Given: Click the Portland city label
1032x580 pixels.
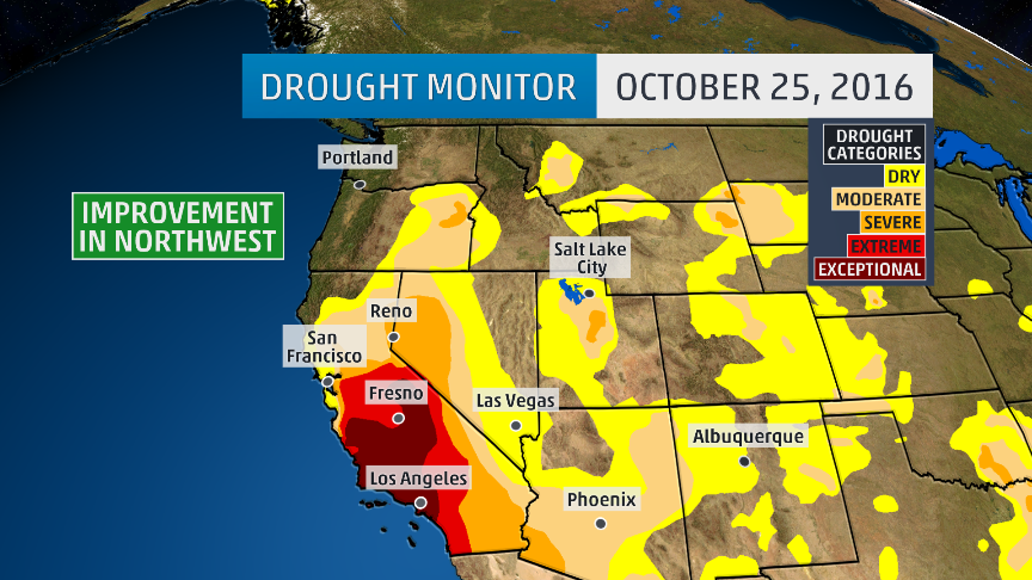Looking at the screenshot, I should (357, 157).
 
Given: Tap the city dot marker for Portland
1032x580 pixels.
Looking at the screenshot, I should (360, 185).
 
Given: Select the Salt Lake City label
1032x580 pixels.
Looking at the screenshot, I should (590, 258).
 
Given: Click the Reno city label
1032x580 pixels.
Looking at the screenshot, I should (391, 311).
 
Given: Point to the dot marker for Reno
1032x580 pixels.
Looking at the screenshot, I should (393, 337).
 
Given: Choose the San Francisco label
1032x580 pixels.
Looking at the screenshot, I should (324, 346).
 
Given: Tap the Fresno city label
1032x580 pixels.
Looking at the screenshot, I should (396, 393).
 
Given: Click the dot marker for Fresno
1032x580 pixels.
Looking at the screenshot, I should (398, 418).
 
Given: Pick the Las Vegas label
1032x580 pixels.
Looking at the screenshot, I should (515, 401).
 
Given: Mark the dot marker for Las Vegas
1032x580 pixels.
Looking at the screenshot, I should (516, 425).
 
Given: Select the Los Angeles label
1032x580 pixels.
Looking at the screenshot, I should (419, 478).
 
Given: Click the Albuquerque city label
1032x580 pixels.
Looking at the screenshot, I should (748, 437).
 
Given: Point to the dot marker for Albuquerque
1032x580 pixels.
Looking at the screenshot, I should (744, 461).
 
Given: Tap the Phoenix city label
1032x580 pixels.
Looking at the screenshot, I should (601, 499).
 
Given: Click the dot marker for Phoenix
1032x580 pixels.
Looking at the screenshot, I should (601, 523).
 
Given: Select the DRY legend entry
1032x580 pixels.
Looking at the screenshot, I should (904, 176).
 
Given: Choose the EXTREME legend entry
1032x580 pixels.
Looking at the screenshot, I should (886, 246).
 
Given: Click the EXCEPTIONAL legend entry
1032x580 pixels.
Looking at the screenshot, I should (870, 269).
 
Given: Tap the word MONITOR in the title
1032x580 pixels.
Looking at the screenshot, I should (501, 87).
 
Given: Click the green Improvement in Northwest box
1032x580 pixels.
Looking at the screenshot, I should (178, 226).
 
